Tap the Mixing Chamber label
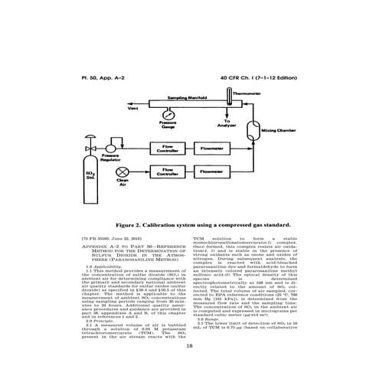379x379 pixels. [278, 131]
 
